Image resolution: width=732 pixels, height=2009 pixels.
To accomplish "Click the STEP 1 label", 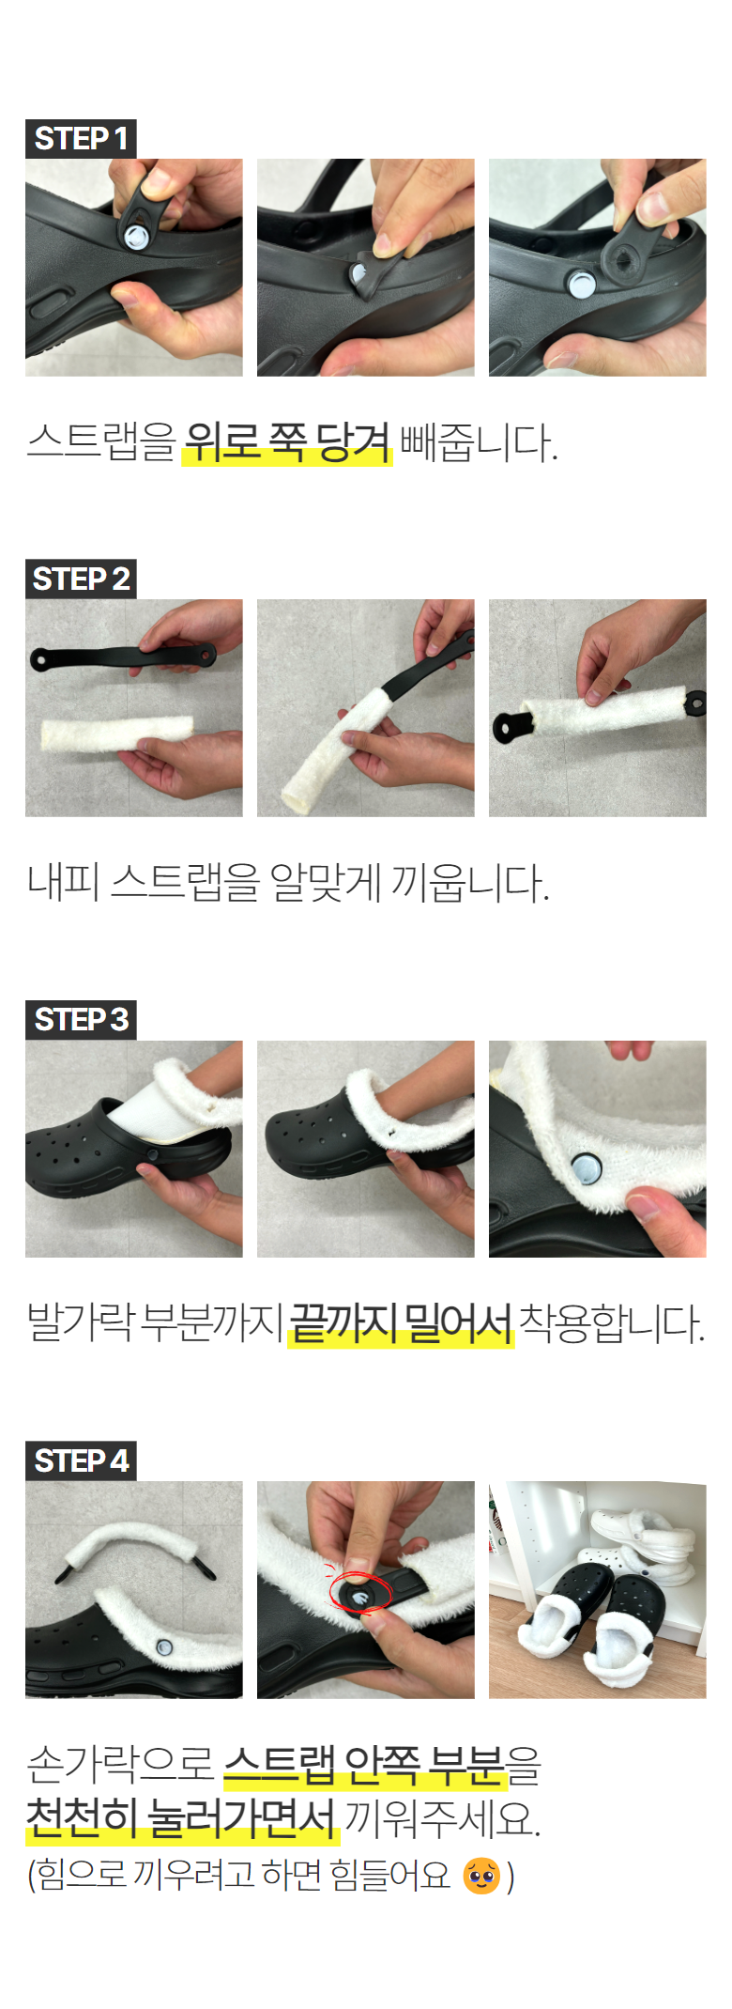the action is coord(81,139).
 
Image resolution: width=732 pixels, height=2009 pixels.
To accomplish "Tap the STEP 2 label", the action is coord(81,580).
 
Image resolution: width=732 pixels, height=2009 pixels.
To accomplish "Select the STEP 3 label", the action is coord(81,1020).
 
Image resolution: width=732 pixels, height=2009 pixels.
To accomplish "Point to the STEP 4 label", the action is coord(81,1461).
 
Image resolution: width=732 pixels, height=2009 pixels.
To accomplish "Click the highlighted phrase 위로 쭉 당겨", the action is coord(287,441).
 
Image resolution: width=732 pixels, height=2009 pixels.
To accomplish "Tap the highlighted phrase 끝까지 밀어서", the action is coord(401,1323).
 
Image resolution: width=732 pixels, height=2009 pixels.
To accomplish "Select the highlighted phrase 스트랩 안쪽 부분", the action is coord(365,1765).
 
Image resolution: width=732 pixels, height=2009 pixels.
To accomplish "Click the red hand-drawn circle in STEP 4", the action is coord(359,1593).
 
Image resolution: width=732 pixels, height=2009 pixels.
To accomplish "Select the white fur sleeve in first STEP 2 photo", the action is coord(117,733).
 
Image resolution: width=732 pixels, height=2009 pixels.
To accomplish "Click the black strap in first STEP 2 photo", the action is coord(123,656).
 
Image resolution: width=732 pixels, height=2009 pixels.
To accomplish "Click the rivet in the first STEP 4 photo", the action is coord(165,1646).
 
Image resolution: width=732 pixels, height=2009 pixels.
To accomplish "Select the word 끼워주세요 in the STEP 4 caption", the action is coord(442,1819).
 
